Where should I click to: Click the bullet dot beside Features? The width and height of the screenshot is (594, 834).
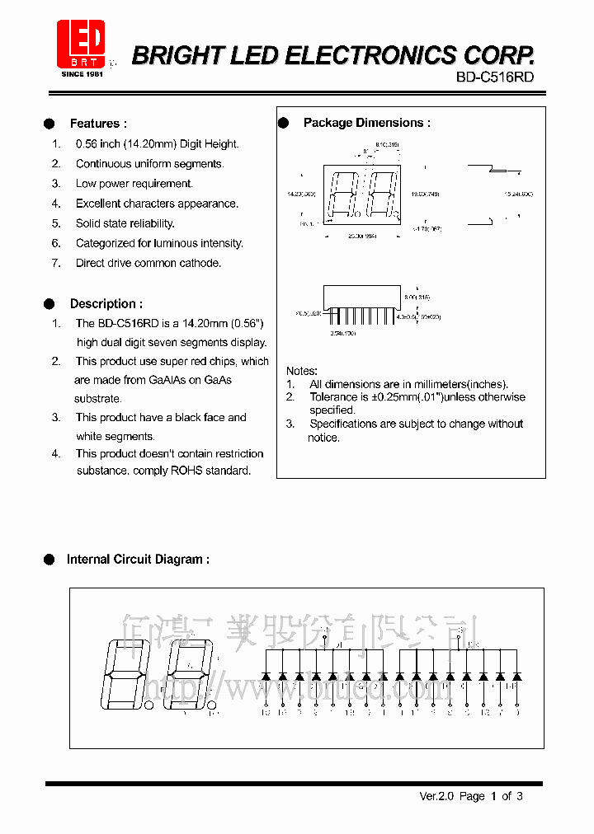(49, 124)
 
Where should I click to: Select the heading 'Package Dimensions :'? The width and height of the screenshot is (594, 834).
(367, 123)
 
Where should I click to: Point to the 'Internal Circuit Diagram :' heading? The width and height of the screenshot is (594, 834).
(138, 560)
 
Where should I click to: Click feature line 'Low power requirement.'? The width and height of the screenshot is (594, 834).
(134, 184)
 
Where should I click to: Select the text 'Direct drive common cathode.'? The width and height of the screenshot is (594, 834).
(148, 263)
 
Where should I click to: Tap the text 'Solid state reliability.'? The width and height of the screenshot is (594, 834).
(125, 223)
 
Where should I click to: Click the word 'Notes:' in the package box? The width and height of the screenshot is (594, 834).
(302, 371)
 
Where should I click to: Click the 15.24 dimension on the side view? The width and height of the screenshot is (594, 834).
(518, 194)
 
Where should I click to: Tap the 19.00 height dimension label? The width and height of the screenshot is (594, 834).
(426, 194)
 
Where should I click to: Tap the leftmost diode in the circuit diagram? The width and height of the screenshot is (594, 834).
(266, 676)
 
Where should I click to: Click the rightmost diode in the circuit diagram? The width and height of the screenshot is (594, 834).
(516, 676)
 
